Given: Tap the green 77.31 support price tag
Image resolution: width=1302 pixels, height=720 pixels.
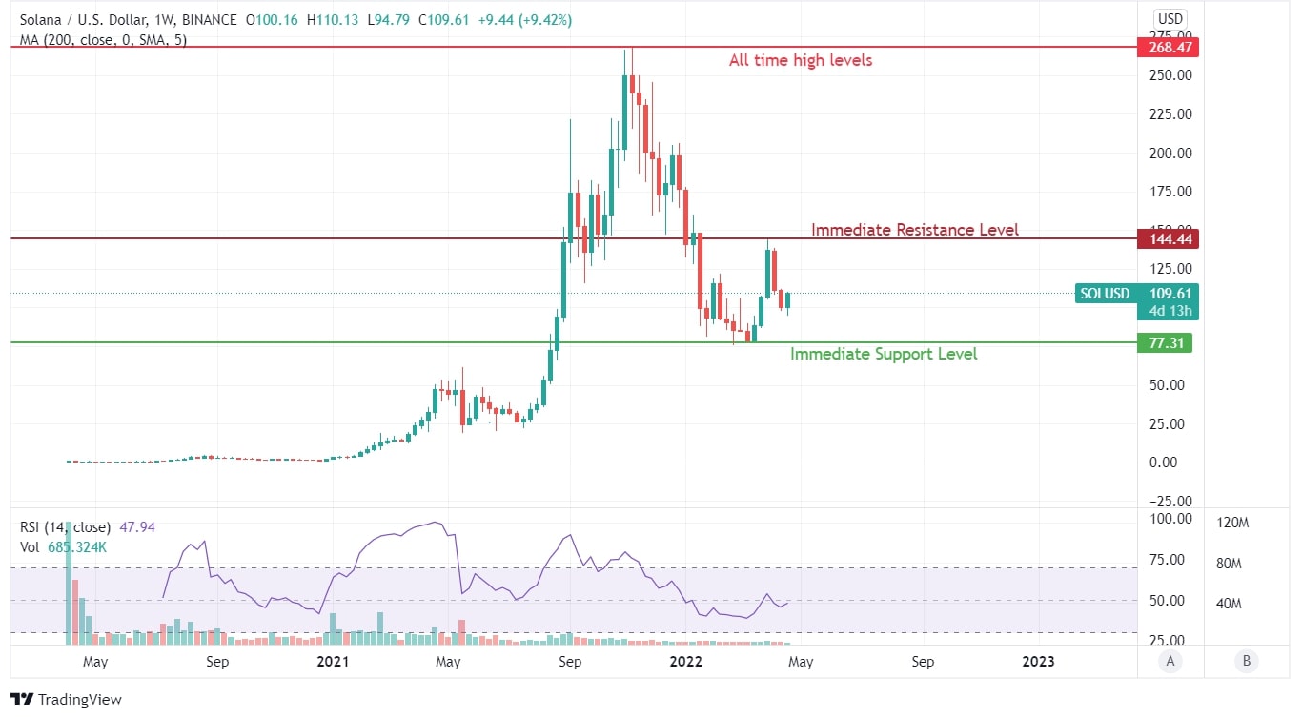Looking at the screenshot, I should point(1164,342).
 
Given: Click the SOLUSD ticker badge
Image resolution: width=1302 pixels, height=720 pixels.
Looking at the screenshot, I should point(1104,294).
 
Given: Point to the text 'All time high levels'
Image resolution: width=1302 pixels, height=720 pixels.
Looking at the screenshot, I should point(800,60).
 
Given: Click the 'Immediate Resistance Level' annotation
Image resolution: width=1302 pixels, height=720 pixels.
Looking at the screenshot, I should point(914,230).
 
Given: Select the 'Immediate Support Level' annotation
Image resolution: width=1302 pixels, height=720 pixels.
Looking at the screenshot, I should point(884,354).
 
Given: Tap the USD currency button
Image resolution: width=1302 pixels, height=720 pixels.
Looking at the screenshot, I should point(1169,18).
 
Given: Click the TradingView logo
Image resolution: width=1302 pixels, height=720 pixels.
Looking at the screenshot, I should point(66,700).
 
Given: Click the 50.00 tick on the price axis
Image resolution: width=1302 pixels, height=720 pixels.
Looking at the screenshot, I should point(1170,385).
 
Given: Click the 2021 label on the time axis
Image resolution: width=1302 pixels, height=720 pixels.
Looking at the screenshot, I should point(332,661).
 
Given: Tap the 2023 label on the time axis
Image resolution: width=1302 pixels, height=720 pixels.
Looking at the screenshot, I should point(1038,661).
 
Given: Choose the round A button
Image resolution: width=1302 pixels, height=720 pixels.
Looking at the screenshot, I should point(1169,661).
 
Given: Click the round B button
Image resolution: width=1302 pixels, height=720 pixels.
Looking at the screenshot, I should point(1243,661).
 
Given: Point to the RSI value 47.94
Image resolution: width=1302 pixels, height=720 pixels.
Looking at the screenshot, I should point(137,526).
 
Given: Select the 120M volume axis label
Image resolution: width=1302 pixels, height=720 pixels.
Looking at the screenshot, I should point(1233,523).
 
